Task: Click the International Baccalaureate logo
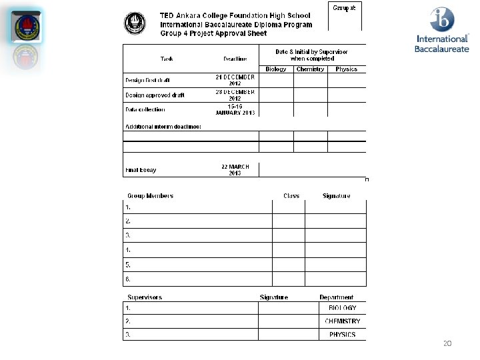(442, 30)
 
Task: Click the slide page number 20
(447, 343)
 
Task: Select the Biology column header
(276, 69)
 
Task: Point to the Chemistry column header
(310, 69)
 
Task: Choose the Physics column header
(346, 69)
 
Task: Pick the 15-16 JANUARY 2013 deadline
(235, 109)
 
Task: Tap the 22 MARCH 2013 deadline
(235, 169)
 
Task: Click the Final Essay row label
(141, 170)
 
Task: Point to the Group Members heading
(150, 196)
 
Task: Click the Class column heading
(291, 196)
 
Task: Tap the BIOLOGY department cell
(342, 308)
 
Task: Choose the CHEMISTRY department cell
(342, 321)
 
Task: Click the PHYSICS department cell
(342, 335)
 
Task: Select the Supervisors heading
(145, 297)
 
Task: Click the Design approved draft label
(155, 95)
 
